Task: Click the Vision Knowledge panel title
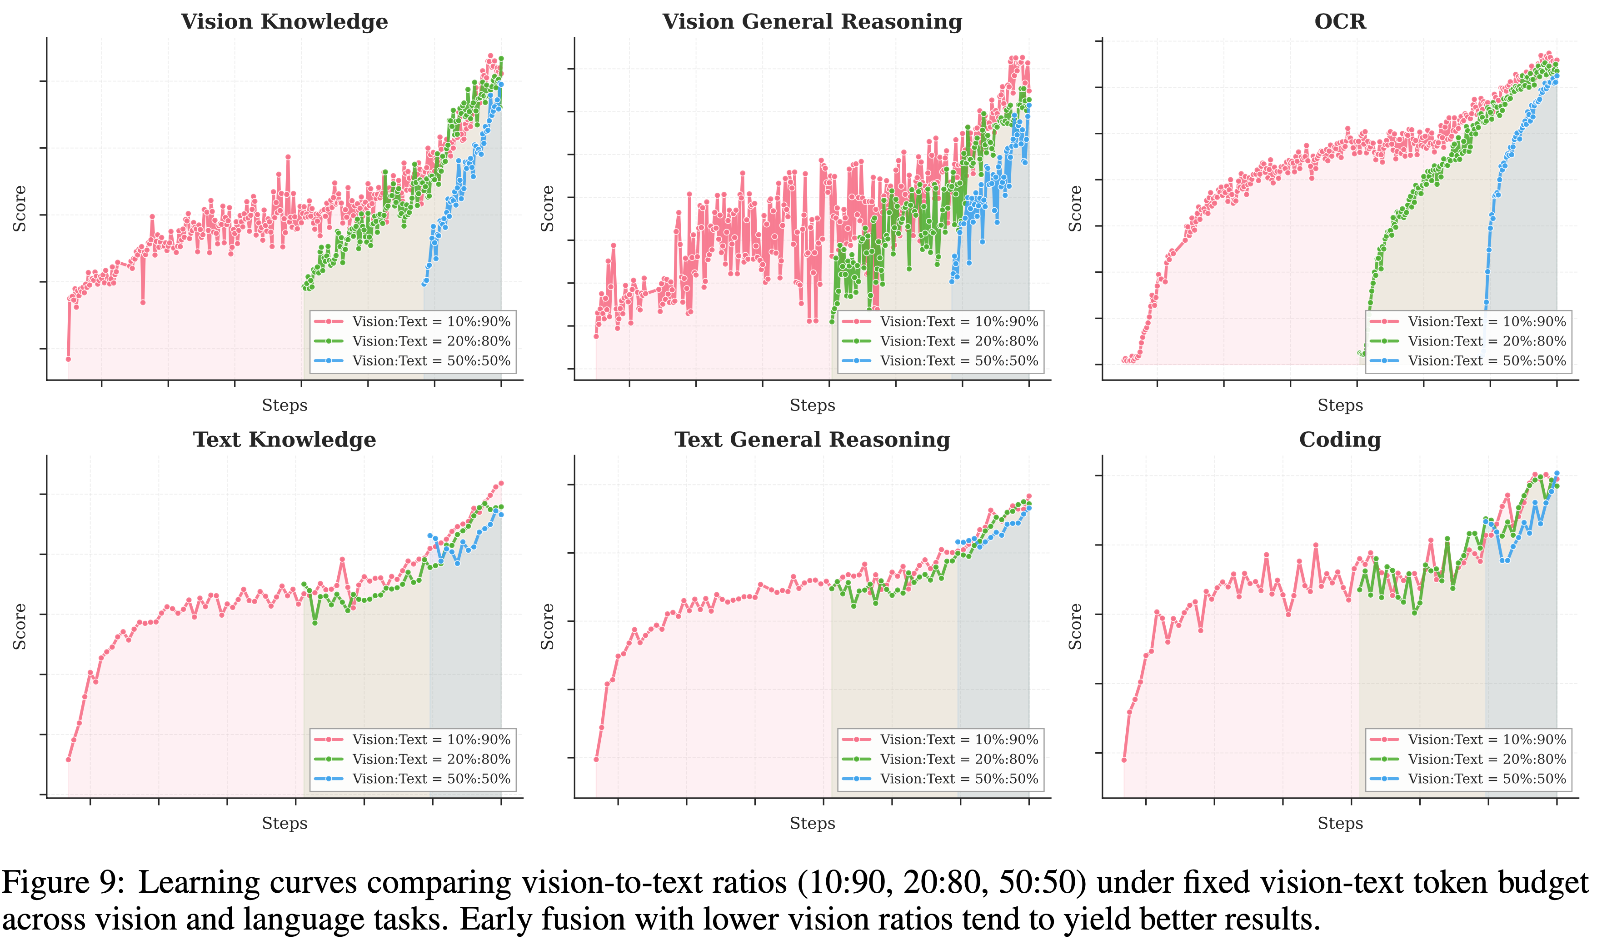[284, 21]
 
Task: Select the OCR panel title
[1340, 21]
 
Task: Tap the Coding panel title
[1340, 439]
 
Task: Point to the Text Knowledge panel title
[284, 439]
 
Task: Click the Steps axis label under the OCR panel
[1340, 405]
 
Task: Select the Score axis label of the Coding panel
[1075, 626]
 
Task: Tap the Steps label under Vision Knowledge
[284, 405]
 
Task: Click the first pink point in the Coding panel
[1123, 760]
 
